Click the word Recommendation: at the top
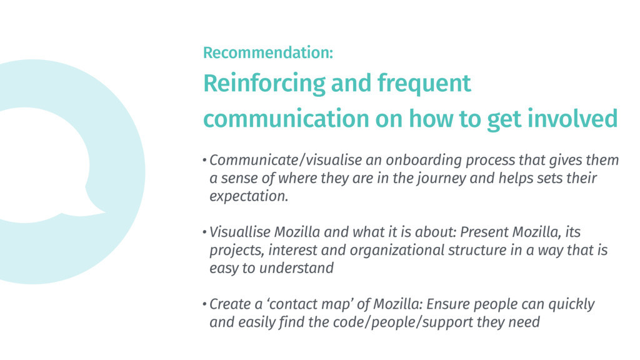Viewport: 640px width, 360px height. (x=267, y=53)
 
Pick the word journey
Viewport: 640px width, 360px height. (x=431, y=179)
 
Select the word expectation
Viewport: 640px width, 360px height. (x=249, y=197)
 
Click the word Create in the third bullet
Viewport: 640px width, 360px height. (x=226, y=305)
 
